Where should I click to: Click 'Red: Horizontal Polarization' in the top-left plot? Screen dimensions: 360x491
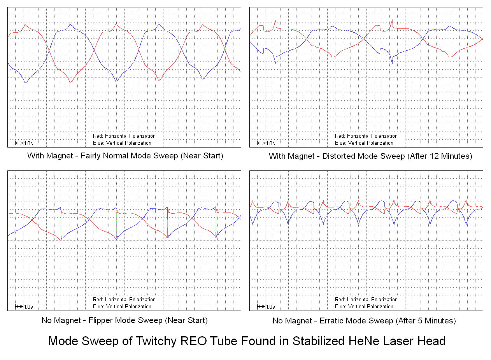124,136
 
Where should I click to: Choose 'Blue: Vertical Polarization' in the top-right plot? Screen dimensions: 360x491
364,143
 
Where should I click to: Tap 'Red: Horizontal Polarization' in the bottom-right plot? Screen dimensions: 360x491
366,300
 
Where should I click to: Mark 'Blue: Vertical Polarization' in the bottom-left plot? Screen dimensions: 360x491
122,306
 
